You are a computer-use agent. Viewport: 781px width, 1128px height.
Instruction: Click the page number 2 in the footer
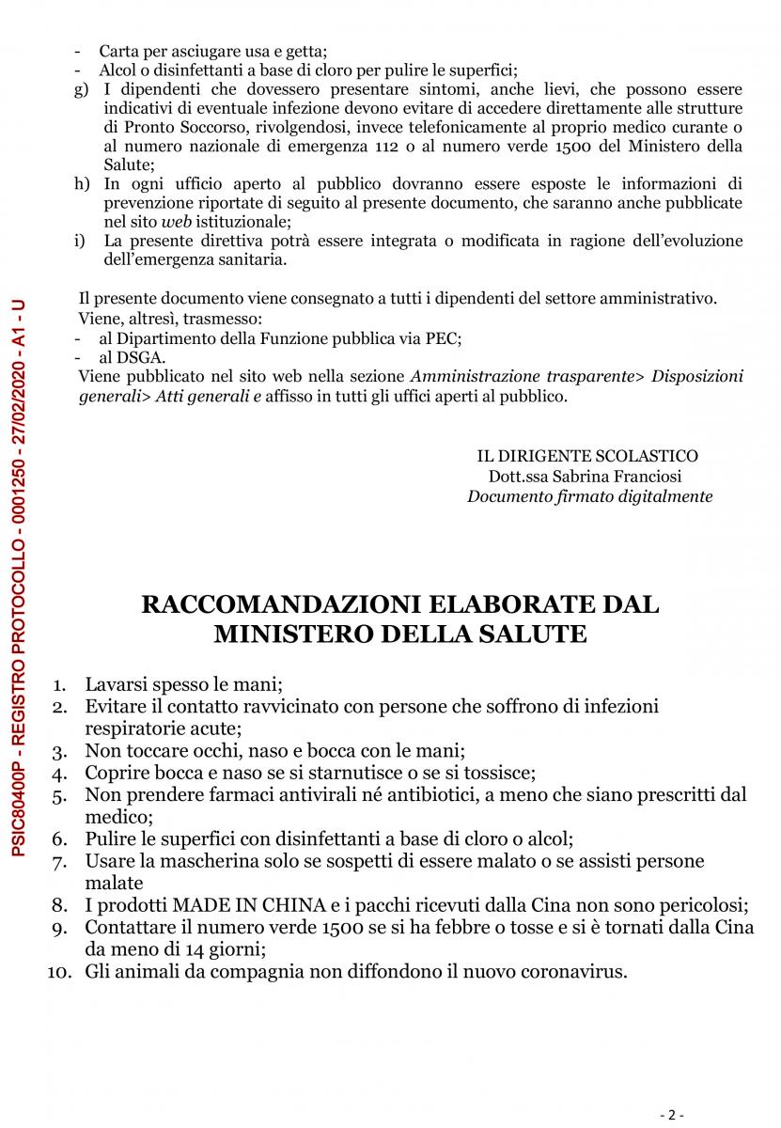(x=671, y=1115)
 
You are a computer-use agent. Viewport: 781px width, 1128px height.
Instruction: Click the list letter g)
(x=81, y=90)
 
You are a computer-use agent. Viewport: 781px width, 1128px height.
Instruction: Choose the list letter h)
(x=81, y=183)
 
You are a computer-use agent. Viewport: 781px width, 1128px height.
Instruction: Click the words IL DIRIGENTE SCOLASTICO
(x=587, y=456)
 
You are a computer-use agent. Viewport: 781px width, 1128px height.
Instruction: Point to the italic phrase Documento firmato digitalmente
(x=589, y=496)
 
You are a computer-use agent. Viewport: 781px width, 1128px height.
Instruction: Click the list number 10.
(x=60, y=972)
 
